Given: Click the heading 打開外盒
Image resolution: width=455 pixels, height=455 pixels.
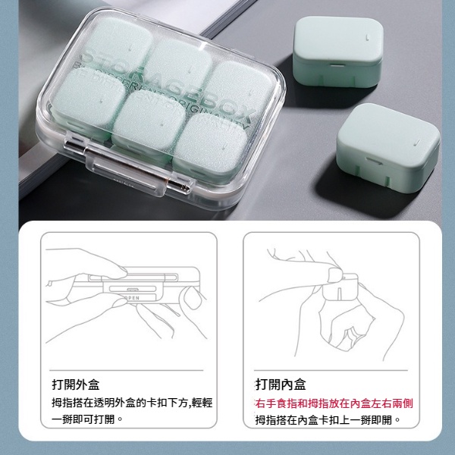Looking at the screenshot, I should point(77,384).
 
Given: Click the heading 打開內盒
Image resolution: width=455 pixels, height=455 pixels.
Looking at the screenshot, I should point(281,384).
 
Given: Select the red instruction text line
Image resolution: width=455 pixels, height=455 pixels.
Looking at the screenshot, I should point(334,403).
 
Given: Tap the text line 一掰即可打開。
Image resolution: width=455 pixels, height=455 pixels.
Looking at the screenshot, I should point(86,419).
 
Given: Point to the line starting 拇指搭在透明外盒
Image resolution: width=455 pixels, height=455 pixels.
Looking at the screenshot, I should point(130,403).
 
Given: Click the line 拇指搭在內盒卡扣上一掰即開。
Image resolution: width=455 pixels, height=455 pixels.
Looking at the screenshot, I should point(328,419).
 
